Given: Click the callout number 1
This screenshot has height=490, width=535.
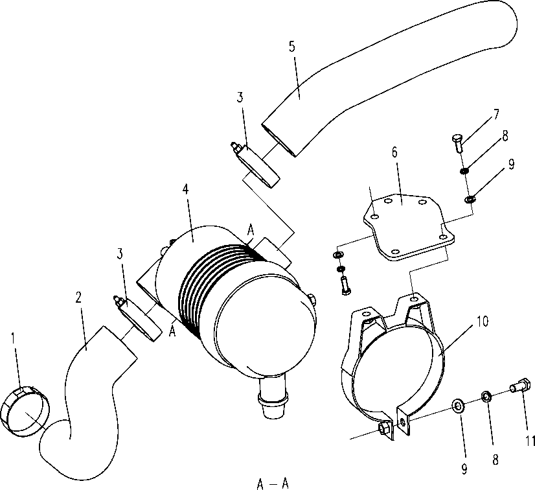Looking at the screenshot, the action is coord(13,338).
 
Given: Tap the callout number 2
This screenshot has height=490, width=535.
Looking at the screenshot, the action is coord(78,297).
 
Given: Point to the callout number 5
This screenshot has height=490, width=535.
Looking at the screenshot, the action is coord(291,47).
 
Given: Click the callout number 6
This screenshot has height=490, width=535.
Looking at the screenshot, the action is coord(394,152).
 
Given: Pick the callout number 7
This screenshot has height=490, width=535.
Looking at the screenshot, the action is coord(495,114).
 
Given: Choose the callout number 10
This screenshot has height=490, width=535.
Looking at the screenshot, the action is coord(483,321).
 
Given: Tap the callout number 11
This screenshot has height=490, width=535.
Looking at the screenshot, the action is coord(530,441).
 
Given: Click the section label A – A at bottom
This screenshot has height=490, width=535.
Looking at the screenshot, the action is coord(273,484).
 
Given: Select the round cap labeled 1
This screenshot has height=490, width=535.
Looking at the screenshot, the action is coord(25,412).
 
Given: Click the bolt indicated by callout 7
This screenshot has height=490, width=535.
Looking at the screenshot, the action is coord(457,143).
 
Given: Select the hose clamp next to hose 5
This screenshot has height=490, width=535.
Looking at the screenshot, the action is coord(256,165).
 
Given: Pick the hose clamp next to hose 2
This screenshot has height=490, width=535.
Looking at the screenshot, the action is coord(138,318).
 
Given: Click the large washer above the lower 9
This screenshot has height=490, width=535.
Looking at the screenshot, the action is coord(457,405).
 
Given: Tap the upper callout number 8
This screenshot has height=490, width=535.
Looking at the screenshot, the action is coord(505,136).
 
